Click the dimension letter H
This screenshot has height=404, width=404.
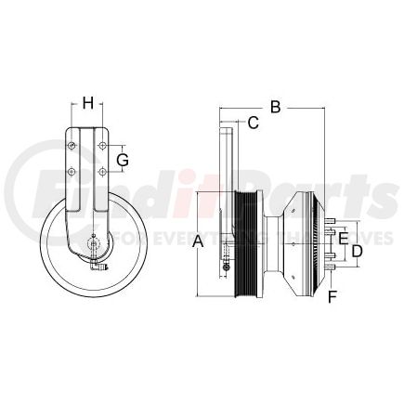coord(88,102)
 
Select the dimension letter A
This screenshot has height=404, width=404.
coord(197,242)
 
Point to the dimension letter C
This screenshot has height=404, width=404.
coord(253,122)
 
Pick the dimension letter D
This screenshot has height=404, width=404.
coord(357,251)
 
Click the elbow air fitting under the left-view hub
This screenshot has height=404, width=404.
coord(101,268)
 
